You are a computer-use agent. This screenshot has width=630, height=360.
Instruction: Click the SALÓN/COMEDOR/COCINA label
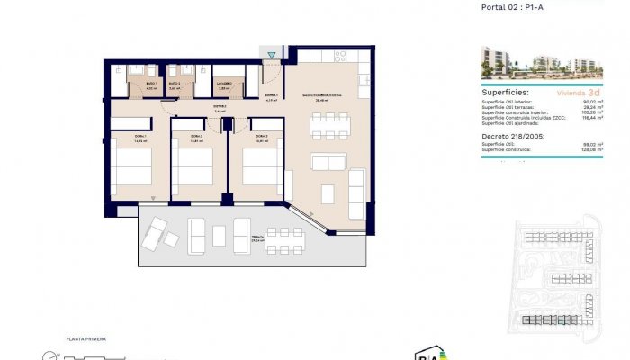(x=320, y=95)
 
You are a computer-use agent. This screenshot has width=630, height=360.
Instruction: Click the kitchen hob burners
(x=340, y=56)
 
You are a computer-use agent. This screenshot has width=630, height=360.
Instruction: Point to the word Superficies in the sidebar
(x=505, y=92)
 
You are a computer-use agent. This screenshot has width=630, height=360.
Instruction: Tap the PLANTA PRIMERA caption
(x=86, y=339)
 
